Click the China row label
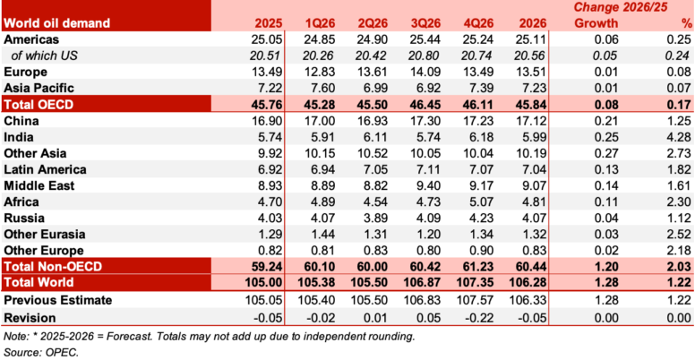pos(23,121)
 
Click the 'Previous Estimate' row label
pos(57,299)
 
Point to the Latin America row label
pos(46,169)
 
